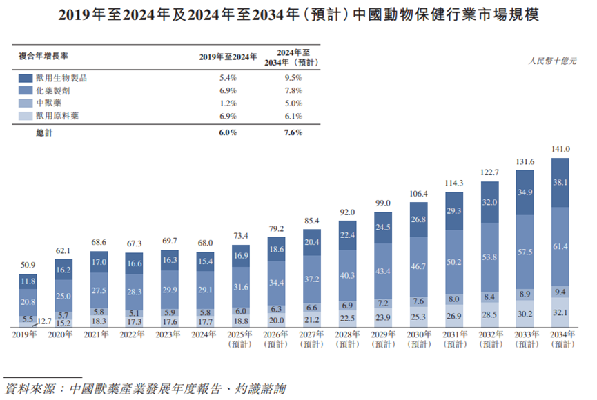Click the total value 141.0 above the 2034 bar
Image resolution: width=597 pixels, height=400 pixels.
click(x=560, y=148)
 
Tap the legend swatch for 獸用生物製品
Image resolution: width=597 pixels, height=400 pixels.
click(x=26, y=79)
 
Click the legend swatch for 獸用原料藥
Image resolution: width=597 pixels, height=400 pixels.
click(x=26, y=117)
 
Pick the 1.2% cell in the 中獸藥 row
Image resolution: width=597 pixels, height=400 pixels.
click(x=228, y=103)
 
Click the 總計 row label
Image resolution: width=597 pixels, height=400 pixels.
click(x=44, y=132)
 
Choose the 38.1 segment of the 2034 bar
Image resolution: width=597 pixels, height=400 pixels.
click(x=560, y=183)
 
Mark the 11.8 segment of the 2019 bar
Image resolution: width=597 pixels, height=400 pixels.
click(x=28, y=281)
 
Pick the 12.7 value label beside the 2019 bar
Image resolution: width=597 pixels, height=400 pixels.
click(x=46, y=321)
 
